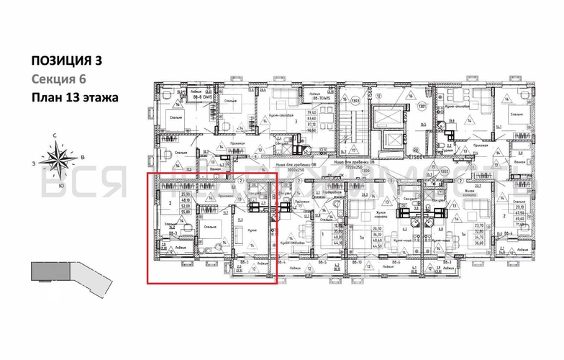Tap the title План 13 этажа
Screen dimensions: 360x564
[x=73, y=97]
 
